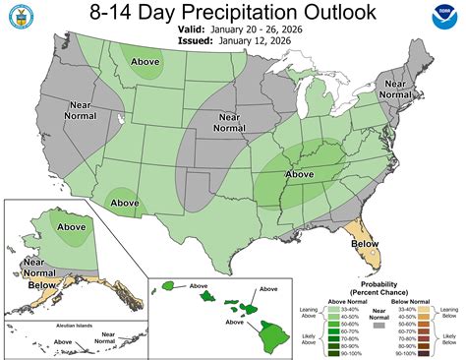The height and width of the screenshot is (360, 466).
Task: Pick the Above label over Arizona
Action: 125,203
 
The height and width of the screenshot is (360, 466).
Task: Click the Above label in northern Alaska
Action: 71,227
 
